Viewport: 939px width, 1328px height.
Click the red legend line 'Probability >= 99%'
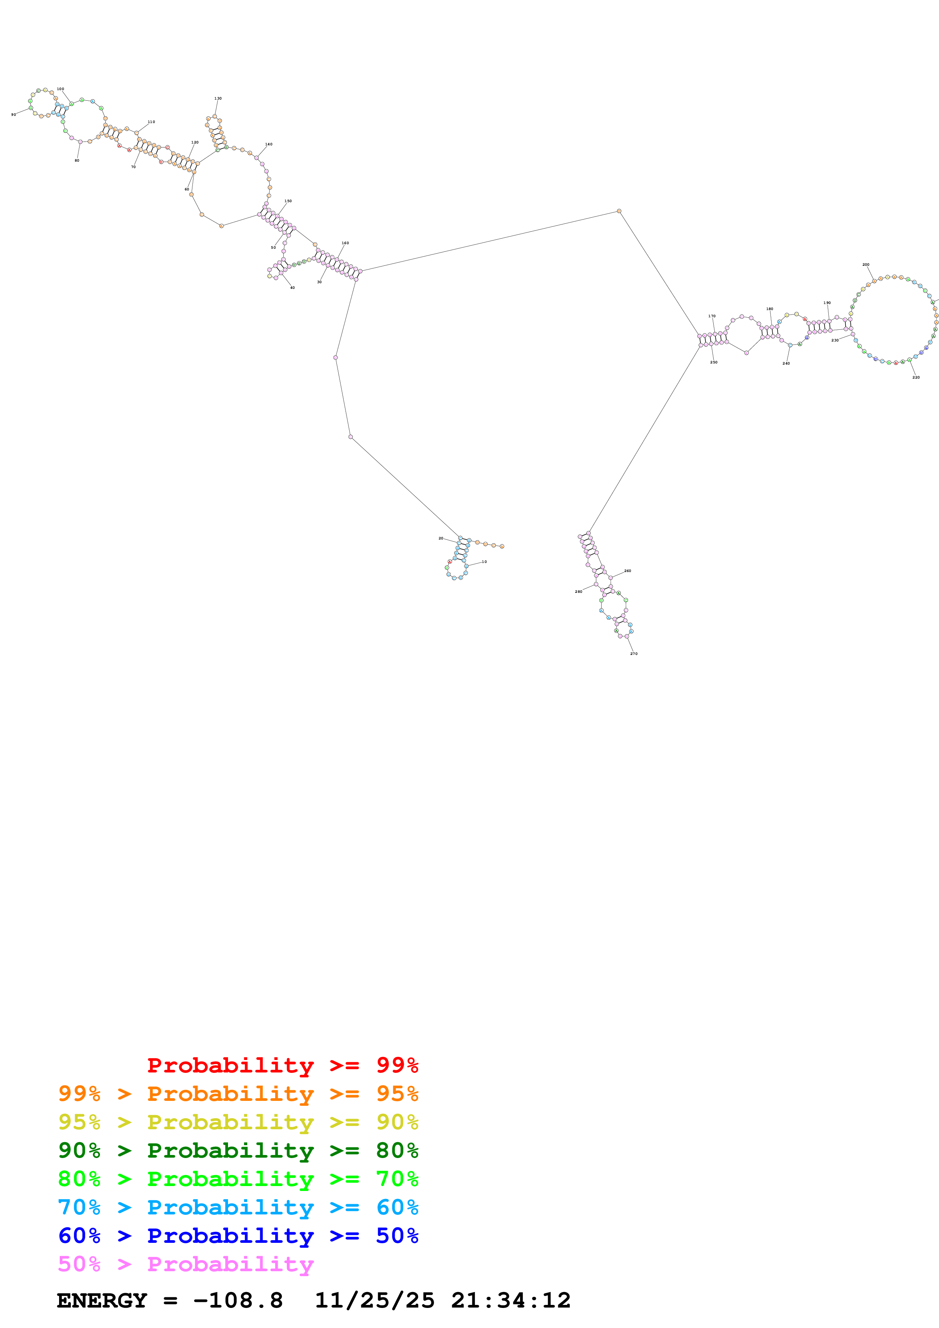click(x=282, y=1065)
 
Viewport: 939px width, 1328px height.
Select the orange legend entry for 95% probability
click(x=238, y=1094)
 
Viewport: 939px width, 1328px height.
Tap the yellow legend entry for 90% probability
click(x=238, y=1122)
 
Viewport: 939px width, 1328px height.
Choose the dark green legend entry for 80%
click(x=238, y=1150)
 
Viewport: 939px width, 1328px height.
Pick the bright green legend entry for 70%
click(x=238, y=1179)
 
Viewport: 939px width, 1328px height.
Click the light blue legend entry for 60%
click(x=238, y=1207)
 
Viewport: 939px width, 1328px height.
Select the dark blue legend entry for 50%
click(x=238, y=1236)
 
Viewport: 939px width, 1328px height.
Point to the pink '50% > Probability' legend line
click(x=186, y=1264)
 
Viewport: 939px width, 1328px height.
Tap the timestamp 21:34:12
click(x=511, y=1300)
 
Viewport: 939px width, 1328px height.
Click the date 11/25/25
click(x=374, y=1300)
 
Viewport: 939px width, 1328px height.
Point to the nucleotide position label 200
click(x=866, y=264)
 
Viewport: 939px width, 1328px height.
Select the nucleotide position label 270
click(x=634, y=653)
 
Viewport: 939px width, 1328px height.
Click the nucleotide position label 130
click(x=217, y=98)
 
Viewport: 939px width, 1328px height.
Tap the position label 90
click(x=13, y=115)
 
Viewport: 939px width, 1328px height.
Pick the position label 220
click(x=916, y=377)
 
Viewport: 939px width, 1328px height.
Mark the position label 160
click(x=345, y=243)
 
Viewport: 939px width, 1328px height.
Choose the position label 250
click(x=713, y=362)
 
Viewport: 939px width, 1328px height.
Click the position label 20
click(x=440, y=538)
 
